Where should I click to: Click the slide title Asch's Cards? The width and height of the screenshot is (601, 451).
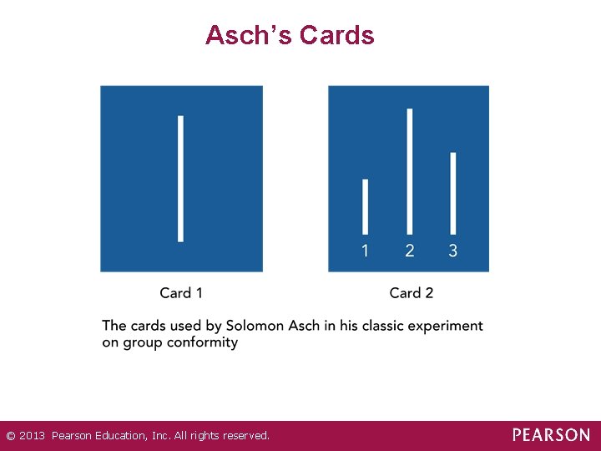point(290,35)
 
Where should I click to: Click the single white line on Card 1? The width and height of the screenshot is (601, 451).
point(181,179)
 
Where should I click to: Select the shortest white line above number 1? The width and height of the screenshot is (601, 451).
point(366,206)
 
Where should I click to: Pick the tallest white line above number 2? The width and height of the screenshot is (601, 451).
point(409,171)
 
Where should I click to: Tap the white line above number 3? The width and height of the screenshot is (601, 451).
point(453,193)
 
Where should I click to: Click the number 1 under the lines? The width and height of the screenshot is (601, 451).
point(366,251)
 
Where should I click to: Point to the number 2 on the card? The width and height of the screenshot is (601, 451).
point(409,251)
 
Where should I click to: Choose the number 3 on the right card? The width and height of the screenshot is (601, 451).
point(453,251)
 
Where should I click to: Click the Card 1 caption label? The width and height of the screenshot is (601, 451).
point(181,293)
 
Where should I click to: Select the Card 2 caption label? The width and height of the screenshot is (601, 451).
point(412,293)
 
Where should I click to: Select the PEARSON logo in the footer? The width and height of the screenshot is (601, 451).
point(551,435)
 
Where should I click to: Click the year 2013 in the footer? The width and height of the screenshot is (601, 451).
point(33,436)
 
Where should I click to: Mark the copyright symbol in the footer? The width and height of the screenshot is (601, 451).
point(10,436)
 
